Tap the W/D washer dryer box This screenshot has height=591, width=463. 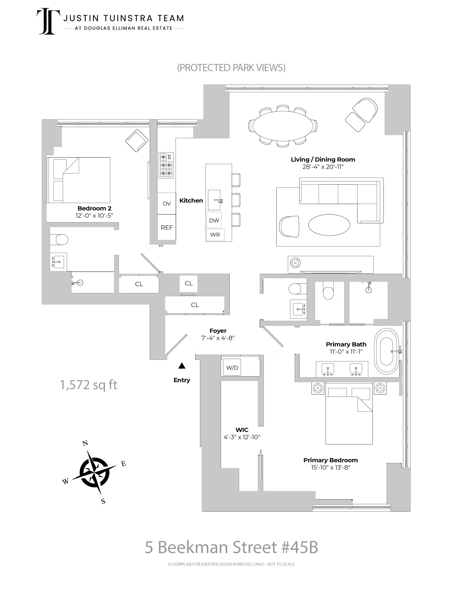tap(232, 368)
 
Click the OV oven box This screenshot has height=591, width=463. tap(167, 203)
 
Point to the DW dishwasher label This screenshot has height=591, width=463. tap(214, 220)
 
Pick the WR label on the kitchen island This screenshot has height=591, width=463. tap(215, 235)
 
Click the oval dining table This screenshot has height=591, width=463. tap(283, 126)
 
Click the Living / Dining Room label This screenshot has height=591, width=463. tap(323, 159)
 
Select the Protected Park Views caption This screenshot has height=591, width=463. tap(231, 68)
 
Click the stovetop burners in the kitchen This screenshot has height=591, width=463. tap(166, 165)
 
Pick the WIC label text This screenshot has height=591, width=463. tap(242, 430)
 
